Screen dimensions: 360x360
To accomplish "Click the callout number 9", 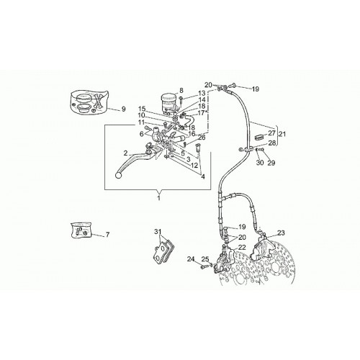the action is pyautogui.click(x=123, y=109).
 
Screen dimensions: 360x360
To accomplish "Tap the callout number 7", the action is pyautogui.click(x=107, y=235).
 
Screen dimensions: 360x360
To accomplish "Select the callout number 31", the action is pyautogui.click(x=158, y=232).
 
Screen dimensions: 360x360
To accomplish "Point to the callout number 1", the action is pyautogui.click(x=158, y=198).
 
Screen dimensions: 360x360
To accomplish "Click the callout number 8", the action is pyautogui.click(x=181, y=91).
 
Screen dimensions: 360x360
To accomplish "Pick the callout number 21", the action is pyautogui.click(x=282, y=134).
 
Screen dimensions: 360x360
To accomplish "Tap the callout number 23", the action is pyautogui.click(x=281, y=233).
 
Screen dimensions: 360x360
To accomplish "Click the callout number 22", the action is pyautogui.click(x=243, y=248).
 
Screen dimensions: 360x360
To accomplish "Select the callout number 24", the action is pyautogui.click(x=191, y=259).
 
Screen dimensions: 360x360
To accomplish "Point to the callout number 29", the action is pyautogui.click(x=271, y=163).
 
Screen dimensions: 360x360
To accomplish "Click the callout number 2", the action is pyautogui.click(x=126, y=153).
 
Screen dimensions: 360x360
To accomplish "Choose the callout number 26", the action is pyautogui.click(x=202, y=138).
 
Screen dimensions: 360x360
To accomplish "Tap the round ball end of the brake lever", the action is pyautogui.click(x=119, y=176).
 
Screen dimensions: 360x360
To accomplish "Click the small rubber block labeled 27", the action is pyautogui.click(x=258, y=137).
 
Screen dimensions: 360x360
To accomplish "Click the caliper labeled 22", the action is pyautogui.click(x=224, y=261).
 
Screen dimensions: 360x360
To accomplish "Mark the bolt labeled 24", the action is pyautogui.click(x=204, y=266).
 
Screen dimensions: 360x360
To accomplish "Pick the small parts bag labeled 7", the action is pyautogui.click(x=81, y=230).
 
